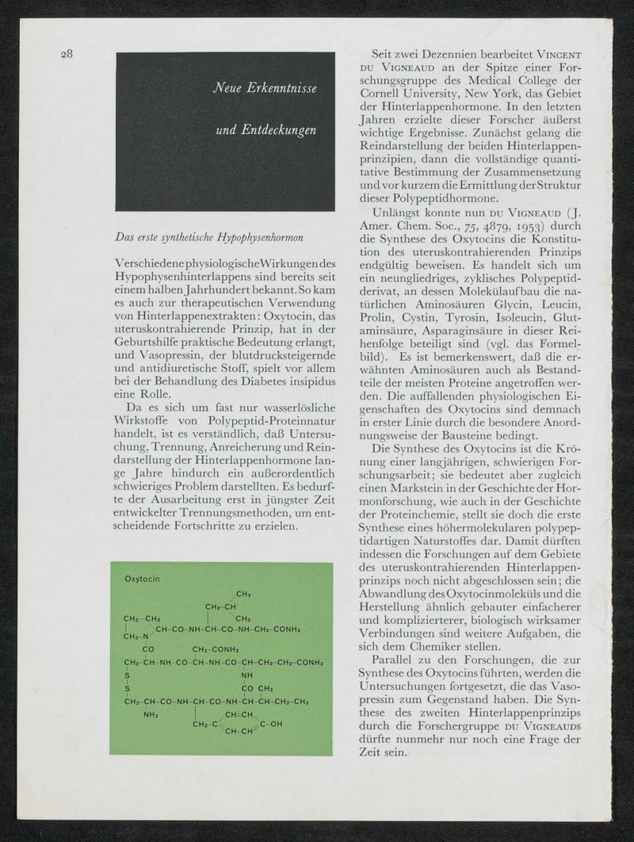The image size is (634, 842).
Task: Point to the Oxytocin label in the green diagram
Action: pyautogui.click(x=143, y=579)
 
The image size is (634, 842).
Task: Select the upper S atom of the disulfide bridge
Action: pyautogui.click(x=127, y=675)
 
